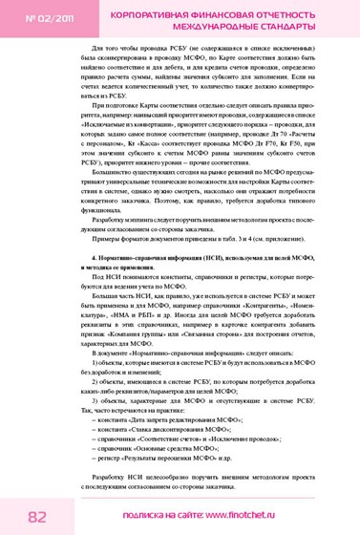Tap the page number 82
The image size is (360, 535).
38,516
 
